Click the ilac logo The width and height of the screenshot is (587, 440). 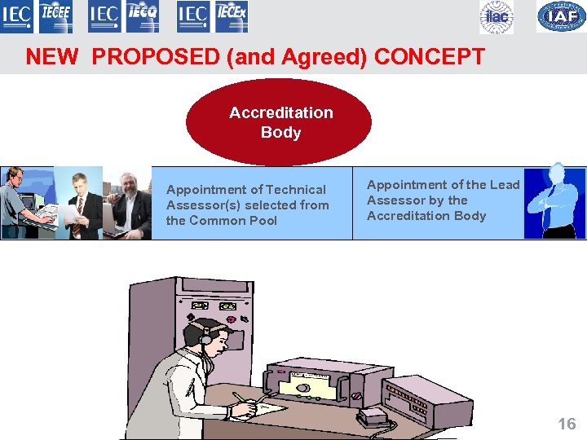497,17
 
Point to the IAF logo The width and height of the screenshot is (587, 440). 561,17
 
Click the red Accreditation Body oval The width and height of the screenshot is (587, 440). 279,122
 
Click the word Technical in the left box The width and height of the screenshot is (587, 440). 295,190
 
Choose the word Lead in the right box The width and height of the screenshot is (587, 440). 505,185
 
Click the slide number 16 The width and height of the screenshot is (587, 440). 567,424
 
